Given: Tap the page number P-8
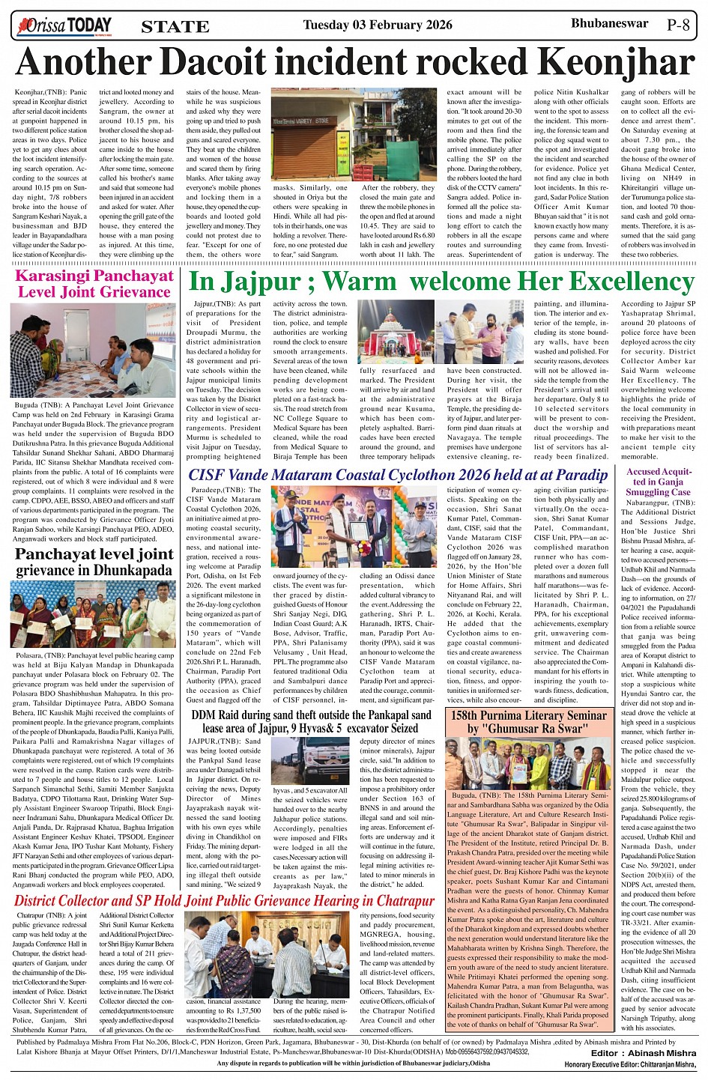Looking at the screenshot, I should click(x=678, y=24).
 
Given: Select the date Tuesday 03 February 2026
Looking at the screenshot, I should click(x=377, y=25).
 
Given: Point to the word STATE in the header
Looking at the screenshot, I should click(x=175, y=27).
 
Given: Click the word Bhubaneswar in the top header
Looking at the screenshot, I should click(x=609, y=23).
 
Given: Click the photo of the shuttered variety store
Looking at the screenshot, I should click(x=312, y=136).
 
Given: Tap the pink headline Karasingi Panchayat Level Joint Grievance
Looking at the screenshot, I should click(x=94, y=283).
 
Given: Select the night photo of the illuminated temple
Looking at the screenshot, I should click(x=398, y=333).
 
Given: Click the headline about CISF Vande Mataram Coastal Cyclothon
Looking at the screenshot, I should click(x=398, y=476).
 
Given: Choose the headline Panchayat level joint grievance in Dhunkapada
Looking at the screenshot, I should click(x=94, y=562).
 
